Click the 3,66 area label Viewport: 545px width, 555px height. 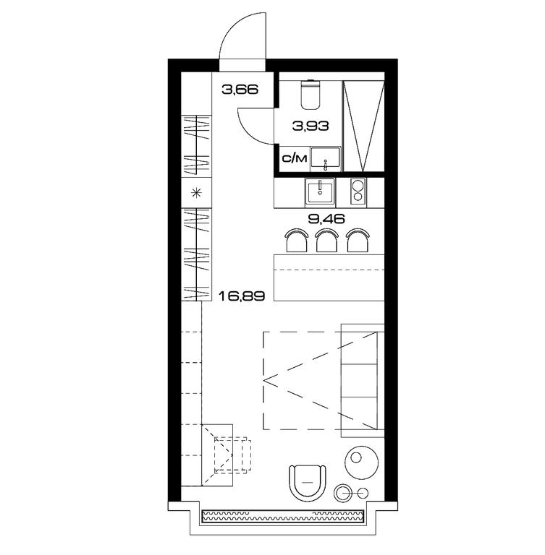pos(240,90)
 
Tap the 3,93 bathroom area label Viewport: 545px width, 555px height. pos(310,126)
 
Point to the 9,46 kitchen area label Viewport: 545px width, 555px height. pos(326,219)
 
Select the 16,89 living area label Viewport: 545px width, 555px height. pos(242,296)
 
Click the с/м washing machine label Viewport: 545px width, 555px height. pos(295,158)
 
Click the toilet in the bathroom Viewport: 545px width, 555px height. pos(310,94)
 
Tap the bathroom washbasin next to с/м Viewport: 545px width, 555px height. pos(326,159)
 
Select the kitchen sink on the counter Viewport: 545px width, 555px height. pos(320,192)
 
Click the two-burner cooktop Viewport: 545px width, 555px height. pos(358,192)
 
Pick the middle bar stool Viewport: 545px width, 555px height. pos(327,241)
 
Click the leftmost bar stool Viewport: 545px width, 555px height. pos(297,241)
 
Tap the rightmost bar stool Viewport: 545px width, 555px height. pos(358,241)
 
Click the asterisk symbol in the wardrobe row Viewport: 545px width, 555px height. pos(196,193)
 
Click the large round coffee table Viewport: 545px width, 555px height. pos(362,462)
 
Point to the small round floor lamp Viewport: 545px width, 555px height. pos(343,493)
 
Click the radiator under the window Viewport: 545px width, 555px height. pos(282,517)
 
